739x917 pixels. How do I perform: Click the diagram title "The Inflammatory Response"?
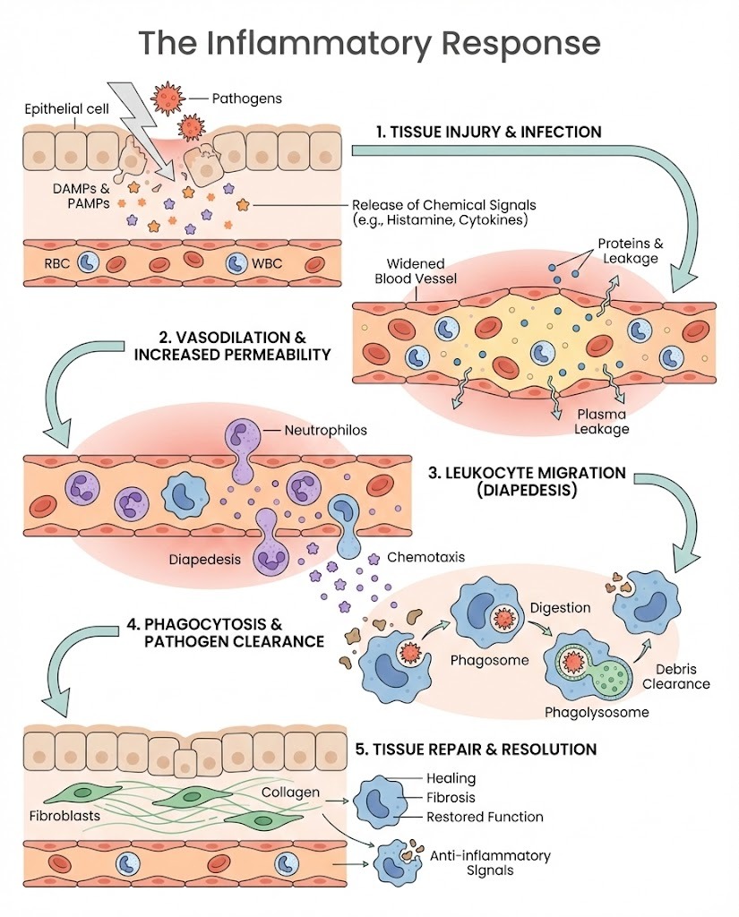pos(368,42)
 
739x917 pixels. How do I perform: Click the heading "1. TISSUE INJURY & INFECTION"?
pos(488,132)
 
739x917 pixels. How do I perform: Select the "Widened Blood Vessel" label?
pos(423,271)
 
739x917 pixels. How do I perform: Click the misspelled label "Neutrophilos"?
pos(326,430)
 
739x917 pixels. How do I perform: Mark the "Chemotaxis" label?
pos(425,557)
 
